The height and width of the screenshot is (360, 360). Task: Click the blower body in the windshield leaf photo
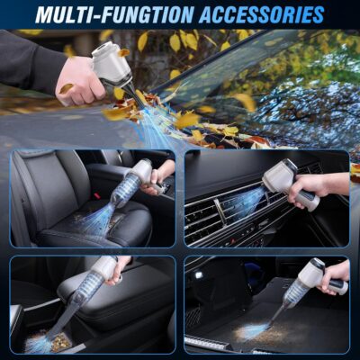coord(112,62)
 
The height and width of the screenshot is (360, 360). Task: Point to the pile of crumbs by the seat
coord(58,342)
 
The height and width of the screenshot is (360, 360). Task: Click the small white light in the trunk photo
coord(197,274)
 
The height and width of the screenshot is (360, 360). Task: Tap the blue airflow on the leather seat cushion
coord(99,220)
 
